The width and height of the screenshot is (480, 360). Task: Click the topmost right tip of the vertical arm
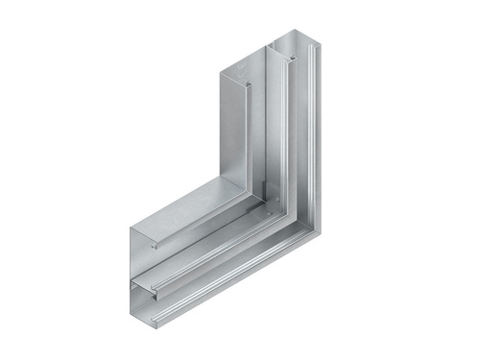click(x=316, y=35)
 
